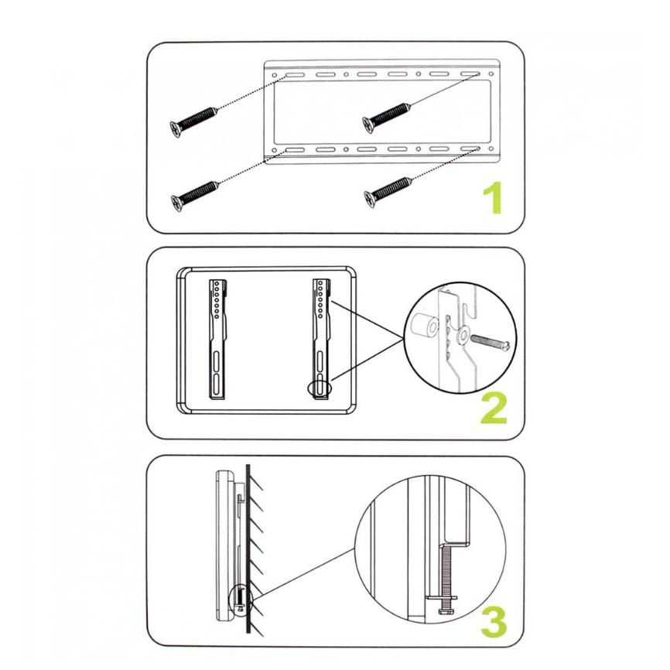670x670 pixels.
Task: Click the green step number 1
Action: point(494,198)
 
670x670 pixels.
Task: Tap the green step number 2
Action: point(494,408)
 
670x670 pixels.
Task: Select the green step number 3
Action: point(494,622)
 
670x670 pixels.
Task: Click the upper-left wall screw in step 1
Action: point(193,121)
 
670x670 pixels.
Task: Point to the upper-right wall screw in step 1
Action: point(387,117)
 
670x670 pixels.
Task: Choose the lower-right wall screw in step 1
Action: point(388,192)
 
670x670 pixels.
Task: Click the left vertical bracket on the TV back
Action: point(218,340)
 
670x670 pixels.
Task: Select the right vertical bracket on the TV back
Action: point(322,340)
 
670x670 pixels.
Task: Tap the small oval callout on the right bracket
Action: point(320,388)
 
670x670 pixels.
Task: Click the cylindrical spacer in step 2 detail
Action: point(423,326)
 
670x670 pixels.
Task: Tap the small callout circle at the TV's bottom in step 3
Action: point(241,598)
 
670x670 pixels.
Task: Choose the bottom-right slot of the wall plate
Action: point(470,149)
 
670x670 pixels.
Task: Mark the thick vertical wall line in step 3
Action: point(248,550)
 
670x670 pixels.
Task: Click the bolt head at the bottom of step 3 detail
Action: point(446,611)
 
